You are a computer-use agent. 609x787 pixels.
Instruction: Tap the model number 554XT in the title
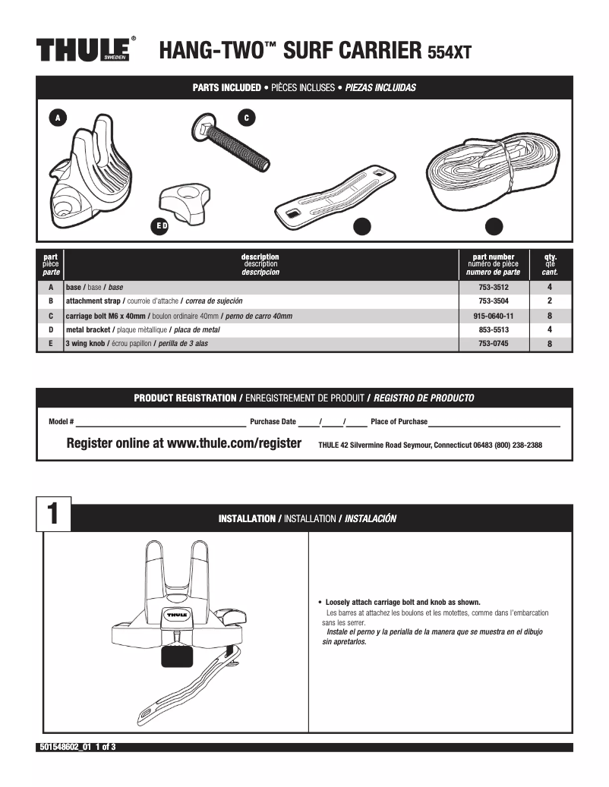450,52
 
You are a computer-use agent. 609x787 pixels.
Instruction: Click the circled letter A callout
56,117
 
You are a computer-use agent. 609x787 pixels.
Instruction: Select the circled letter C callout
247,118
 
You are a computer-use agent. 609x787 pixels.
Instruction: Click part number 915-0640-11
493,316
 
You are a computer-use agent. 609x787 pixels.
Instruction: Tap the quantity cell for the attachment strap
549,301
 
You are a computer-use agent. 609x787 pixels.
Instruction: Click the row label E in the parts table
51,344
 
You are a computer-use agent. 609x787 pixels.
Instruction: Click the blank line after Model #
160,423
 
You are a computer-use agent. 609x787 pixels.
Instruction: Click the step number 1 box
54,514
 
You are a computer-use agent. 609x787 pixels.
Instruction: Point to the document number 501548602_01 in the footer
65,748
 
